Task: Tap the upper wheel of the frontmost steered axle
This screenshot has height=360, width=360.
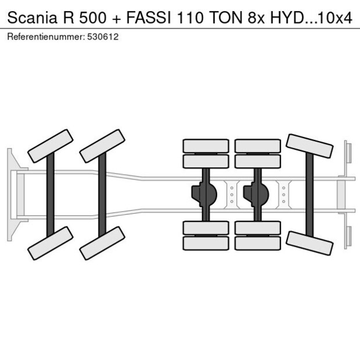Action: pos(51,146)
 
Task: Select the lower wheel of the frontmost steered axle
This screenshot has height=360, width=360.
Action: pos(51,243)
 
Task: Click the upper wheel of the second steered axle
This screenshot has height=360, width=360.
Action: pos(102,146)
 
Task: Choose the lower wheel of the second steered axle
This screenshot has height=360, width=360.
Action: pos(102,243)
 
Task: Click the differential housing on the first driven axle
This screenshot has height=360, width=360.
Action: pos(204,194)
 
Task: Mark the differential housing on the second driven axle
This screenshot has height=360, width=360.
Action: pos(256,194)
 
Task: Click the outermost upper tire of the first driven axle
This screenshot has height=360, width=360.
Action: pos(206,145)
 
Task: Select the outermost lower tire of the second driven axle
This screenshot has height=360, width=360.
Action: pos(258,243)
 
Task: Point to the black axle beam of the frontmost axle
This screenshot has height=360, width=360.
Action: pos(51,194)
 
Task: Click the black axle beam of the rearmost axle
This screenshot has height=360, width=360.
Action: pos(309,194)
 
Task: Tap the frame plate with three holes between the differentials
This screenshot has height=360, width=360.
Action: pos(231,194)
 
